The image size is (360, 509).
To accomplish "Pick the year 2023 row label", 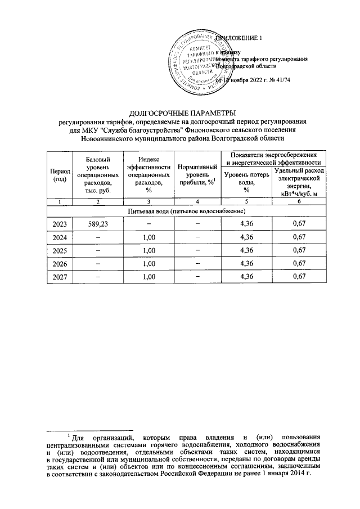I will (x=59, y=224).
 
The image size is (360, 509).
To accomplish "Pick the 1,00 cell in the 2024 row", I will (x=148, y=237).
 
